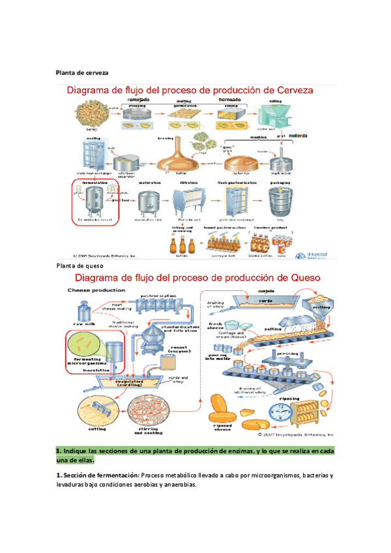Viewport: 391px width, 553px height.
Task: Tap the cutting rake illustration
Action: click(98, 410)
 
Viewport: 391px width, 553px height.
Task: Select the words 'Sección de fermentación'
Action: click(98, 475)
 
